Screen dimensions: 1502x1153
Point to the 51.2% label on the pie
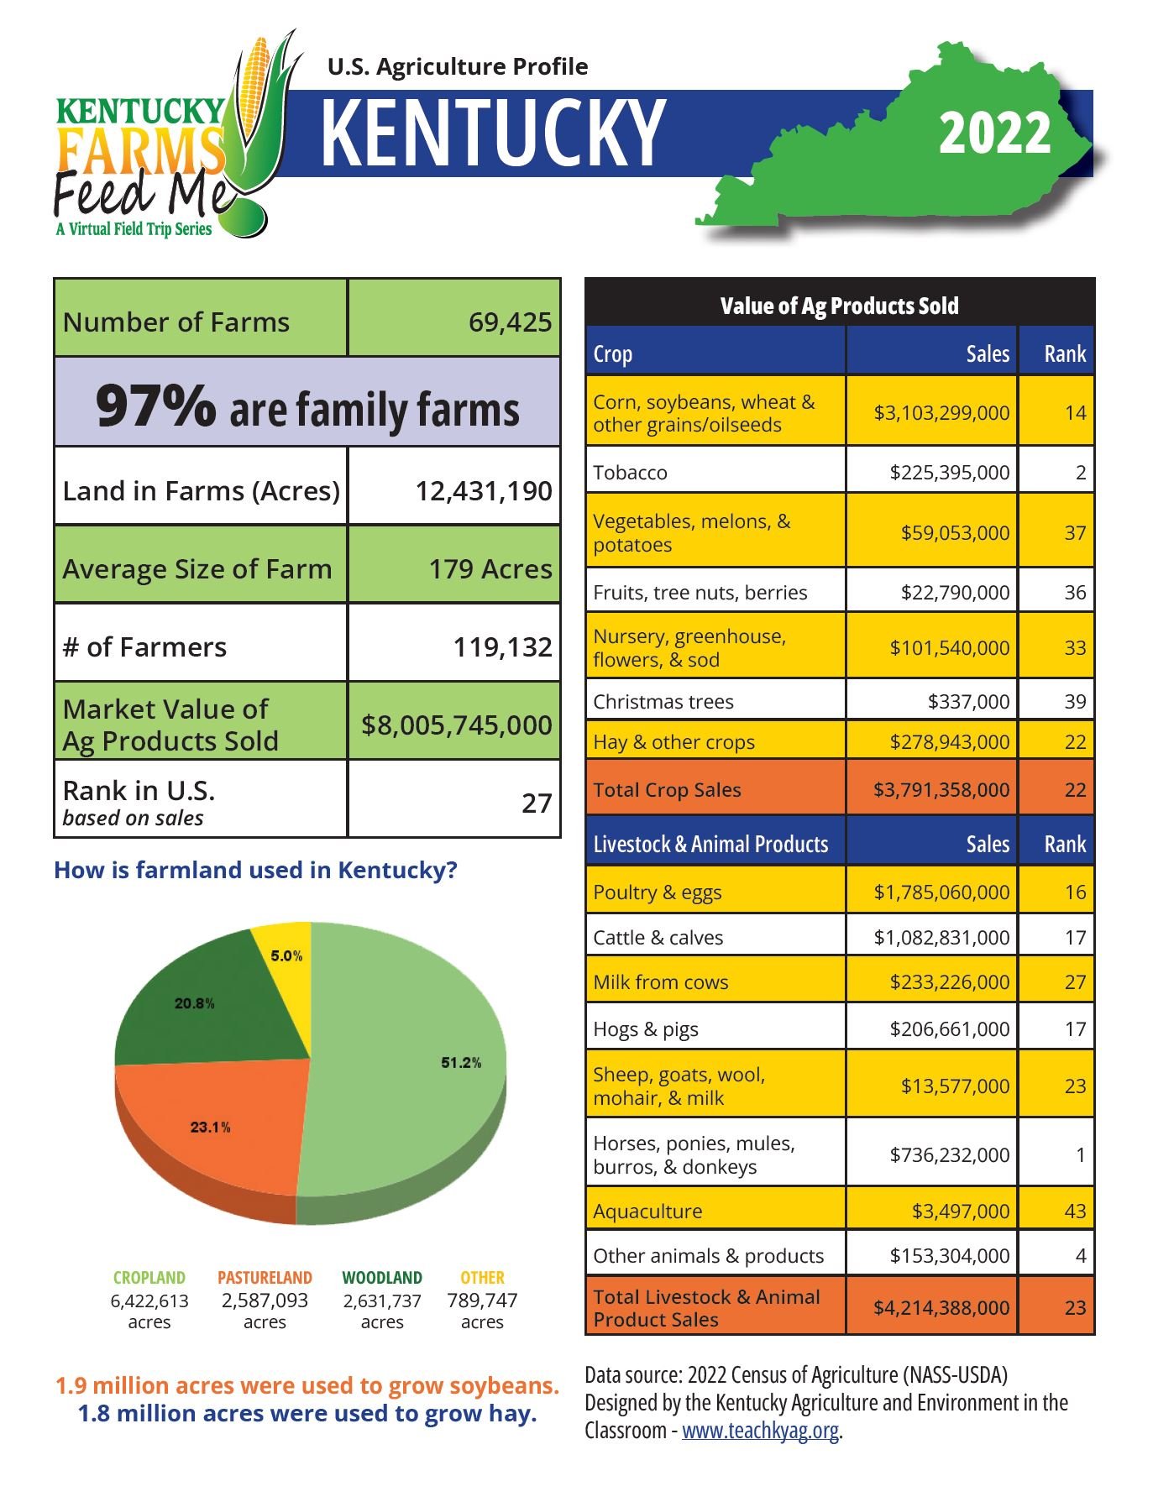coord(461,1063)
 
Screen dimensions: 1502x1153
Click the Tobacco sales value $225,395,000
coord(949,473)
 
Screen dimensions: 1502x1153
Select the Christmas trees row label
coord(663,702)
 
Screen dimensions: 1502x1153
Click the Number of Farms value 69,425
coord(510,322)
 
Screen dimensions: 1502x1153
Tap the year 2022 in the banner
coord(994,133)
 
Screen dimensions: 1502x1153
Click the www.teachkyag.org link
coord(760,1431)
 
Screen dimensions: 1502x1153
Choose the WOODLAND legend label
coord(382,1277)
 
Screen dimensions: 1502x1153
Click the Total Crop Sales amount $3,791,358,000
coord(941,790)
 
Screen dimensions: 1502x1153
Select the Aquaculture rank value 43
coord(1074,1211)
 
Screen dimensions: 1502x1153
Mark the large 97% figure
coord(155,406)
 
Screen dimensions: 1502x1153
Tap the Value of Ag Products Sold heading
coord(839,306)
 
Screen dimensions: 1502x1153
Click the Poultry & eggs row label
coord(658,892)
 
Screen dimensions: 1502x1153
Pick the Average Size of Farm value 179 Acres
coord(490,569)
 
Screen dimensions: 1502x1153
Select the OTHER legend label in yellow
coord(482,1277)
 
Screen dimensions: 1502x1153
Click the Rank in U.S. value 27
coord(536,803)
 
